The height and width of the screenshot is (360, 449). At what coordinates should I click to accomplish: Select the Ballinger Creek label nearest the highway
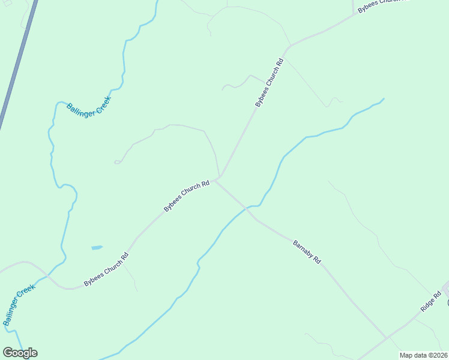(89, 107)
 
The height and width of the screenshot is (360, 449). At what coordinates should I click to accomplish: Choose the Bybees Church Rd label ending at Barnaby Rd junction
(187, 196)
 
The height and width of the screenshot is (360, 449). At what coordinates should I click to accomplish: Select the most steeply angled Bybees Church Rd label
(269, 83)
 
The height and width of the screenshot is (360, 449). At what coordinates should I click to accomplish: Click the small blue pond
(97, 247)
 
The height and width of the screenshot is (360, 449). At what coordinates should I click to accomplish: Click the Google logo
(20, 353)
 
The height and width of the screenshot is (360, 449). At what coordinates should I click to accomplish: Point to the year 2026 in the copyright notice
(440, 355)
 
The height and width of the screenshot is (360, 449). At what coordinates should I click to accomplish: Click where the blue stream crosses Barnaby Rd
(247, 208)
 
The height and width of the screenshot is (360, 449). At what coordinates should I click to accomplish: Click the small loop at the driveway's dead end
(117, 162)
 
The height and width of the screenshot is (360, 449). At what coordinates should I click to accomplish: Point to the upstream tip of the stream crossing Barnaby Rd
(384, 98)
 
